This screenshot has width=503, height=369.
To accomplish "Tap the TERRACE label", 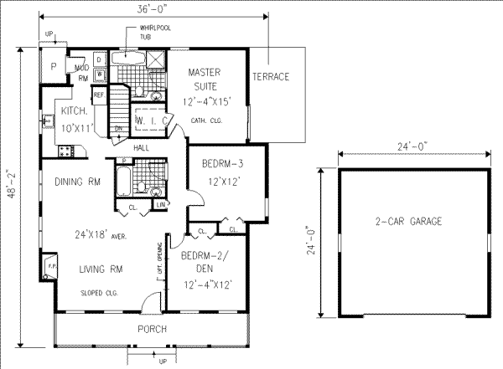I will point(270,77).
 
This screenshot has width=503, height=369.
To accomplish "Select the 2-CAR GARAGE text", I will point(408,222).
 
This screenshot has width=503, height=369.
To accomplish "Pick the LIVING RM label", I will point(102,269).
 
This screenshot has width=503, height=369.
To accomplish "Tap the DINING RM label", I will point(78,182).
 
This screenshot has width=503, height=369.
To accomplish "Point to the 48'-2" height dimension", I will point(9,195).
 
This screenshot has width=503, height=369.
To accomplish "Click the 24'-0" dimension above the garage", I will point(408,146).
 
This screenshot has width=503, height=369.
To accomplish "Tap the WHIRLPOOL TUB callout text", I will point(144,33).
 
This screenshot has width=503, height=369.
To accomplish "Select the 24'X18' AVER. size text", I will point(101,236).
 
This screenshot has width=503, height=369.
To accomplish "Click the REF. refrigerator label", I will point(99,95).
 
